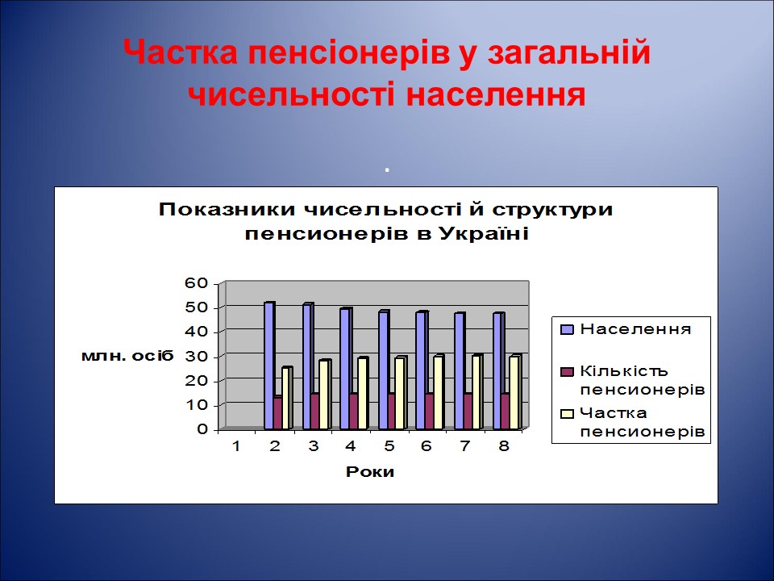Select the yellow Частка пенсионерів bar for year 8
514,393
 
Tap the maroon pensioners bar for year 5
392,411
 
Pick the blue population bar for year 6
421,370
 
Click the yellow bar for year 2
285,399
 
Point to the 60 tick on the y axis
198,282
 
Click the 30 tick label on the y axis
198,356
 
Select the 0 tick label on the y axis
203,429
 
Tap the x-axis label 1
236,447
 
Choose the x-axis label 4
351,447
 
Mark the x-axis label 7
466,447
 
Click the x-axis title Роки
370,472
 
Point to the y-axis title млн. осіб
127,357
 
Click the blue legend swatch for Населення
566,329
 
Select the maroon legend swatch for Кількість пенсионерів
566,371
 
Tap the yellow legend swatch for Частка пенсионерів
566,413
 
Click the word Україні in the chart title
484,235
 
